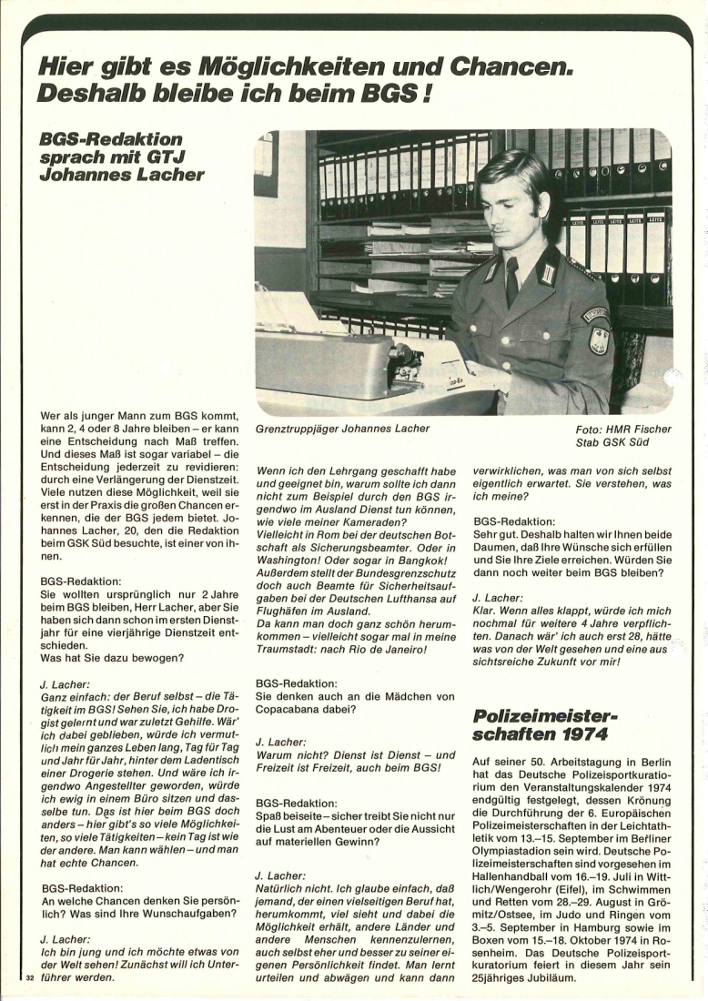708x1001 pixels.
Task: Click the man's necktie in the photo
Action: pyautogui.click(x=512, y=283)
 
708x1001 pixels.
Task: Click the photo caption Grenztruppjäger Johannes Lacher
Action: pyautogui.click(x=342, y=428)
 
